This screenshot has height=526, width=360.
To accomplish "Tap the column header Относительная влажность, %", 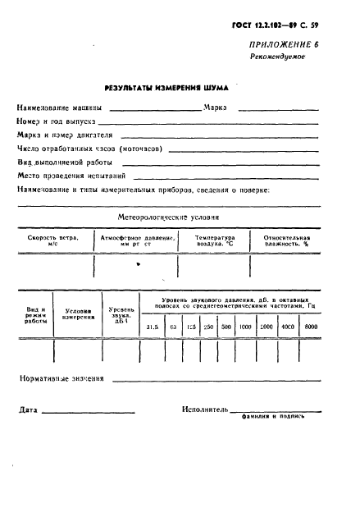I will pos(285,240).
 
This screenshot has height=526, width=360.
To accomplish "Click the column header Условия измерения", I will pos(78,314).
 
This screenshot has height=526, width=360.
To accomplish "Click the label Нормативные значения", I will pos(62,379).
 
